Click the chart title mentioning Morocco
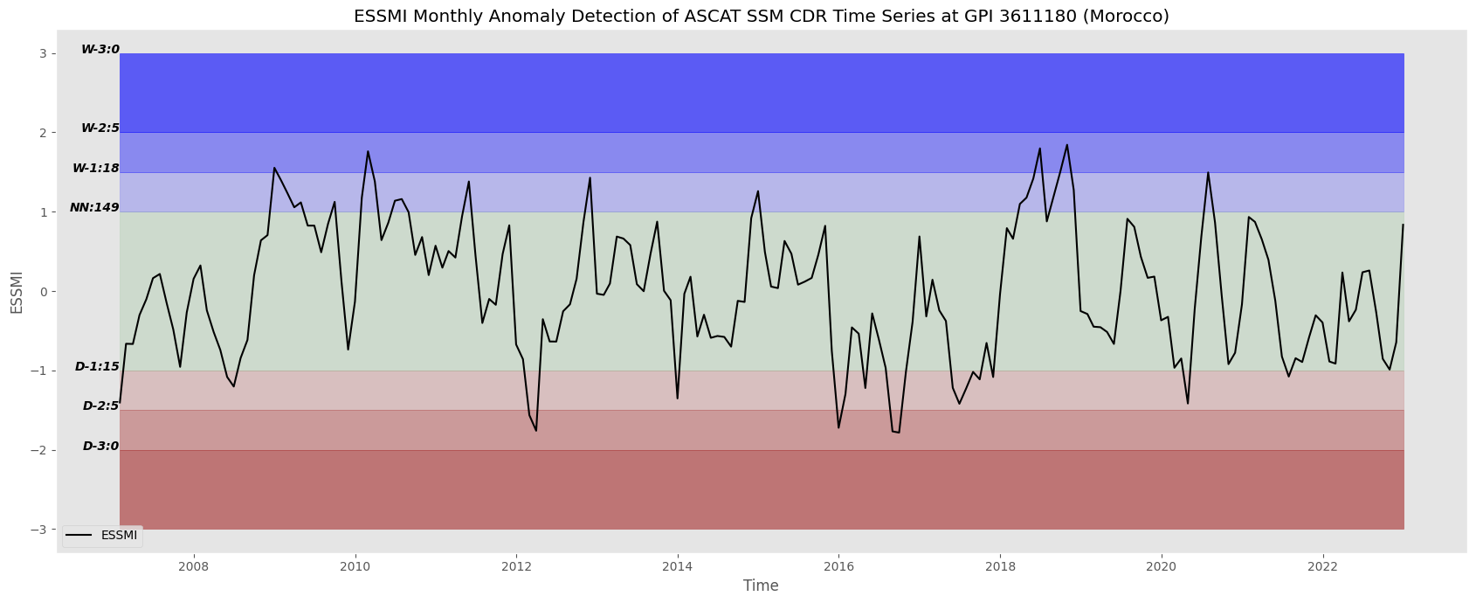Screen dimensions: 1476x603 761,16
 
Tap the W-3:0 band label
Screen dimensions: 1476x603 100,50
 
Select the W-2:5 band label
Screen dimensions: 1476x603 100,128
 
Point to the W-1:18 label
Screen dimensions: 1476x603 95,168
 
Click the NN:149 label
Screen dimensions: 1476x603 94,208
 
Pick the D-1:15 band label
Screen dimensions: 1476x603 97,366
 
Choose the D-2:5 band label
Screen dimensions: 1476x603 100,406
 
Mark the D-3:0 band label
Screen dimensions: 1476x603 100,447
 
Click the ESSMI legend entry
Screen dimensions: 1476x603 102,536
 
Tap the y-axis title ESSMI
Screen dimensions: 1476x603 17,292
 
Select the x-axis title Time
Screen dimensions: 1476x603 761,586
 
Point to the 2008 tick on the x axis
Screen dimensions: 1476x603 194,567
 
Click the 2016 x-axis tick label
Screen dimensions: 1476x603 838,567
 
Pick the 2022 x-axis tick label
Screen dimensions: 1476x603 1321,567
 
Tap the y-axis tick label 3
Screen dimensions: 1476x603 43,53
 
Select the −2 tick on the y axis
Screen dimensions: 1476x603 38,450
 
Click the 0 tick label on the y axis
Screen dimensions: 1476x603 43,291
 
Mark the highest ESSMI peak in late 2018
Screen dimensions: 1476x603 1066,145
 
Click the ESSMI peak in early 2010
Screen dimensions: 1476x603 368,151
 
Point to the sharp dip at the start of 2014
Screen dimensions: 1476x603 678,398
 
